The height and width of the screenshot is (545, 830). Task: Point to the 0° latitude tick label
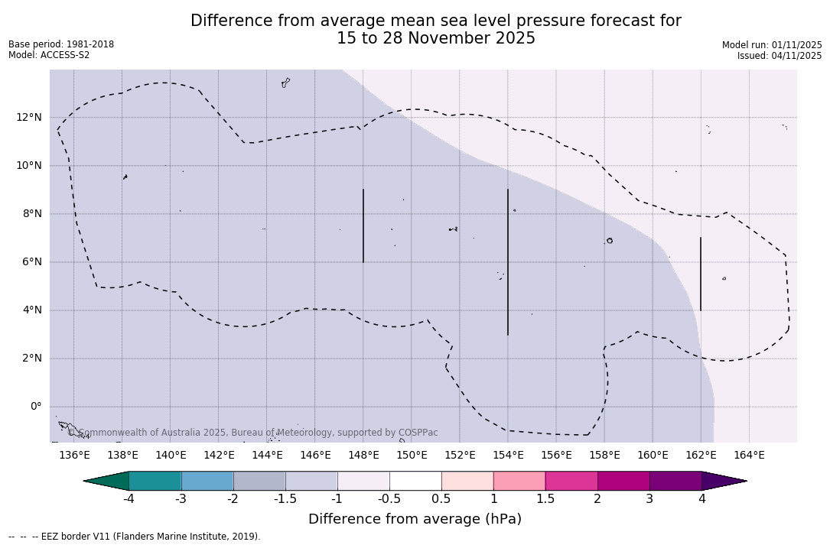tap(35, 407)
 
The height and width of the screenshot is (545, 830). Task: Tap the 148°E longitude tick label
tap(363, 456)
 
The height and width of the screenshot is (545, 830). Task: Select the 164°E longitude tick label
tap(749, 456)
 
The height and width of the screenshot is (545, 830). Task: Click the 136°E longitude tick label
tap(74, 456)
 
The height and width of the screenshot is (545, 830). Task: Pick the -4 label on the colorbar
tap(129, 499)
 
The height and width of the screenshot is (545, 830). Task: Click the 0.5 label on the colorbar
tap(441, 499)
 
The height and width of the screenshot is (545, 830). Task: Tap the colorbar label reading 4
tap(701, 499)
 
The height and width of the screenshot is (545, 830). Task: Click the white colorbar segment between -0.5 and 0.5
tap(415, 481)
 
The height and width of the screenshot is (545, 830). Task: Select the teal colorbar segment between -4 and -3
tap(155, 481)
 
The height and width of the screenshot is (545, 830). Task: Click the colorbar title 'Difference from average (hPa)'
tap(415, 519)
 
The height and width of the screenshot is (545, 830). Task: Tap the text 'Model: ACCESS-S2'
tap(49, 55)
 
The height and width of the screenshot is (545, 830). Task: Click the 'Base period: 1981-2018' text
tap(61, 44)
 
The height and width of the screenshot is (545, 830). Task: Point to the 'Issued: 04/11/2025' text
tap(780, 56)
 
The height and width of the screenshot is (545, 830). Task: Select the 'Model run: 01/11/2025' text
tap(772, 45)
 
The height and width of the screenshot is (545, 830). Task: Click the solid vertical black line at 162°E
tap(700, 274)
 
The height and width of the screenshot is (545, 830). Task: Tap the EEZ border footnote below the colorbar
tap(135, 537)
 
